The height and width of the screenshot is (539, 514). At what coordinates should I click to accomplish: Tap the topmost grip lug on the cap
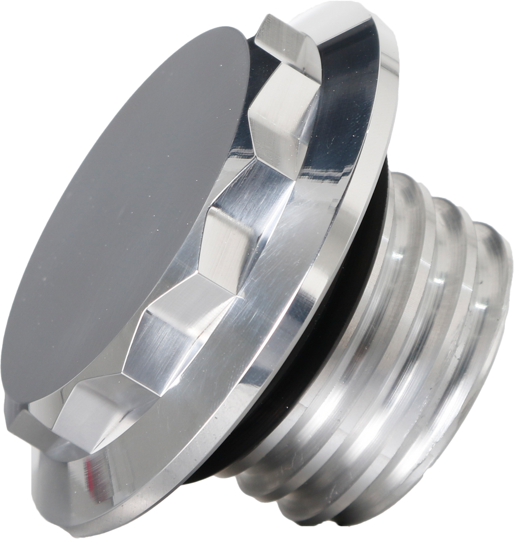(290, 42)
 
